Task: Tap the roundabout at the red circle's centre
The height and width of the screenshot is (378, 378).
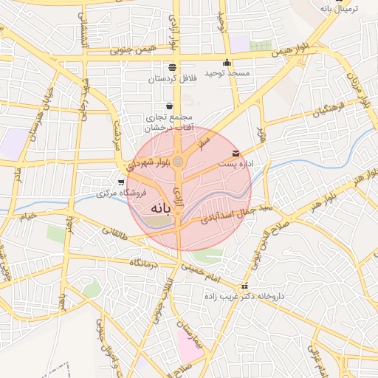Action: [178, 160]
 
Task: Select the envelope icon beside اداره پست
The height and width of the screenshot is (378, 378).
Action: [236, 153]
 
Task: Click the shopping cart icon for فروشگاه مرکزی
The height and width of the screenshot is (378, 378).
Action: [121, 182]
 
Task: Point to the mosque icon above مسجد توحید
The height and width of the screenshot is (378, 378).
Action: [227, 63]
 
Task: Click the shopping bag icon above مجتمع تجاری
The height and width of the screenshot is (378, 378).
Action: [171, 106]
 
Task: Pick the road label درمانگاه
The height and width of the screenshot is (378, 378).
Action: [146, 263]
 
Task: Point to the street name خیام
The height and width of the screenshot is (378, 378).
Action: [29, 215]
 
